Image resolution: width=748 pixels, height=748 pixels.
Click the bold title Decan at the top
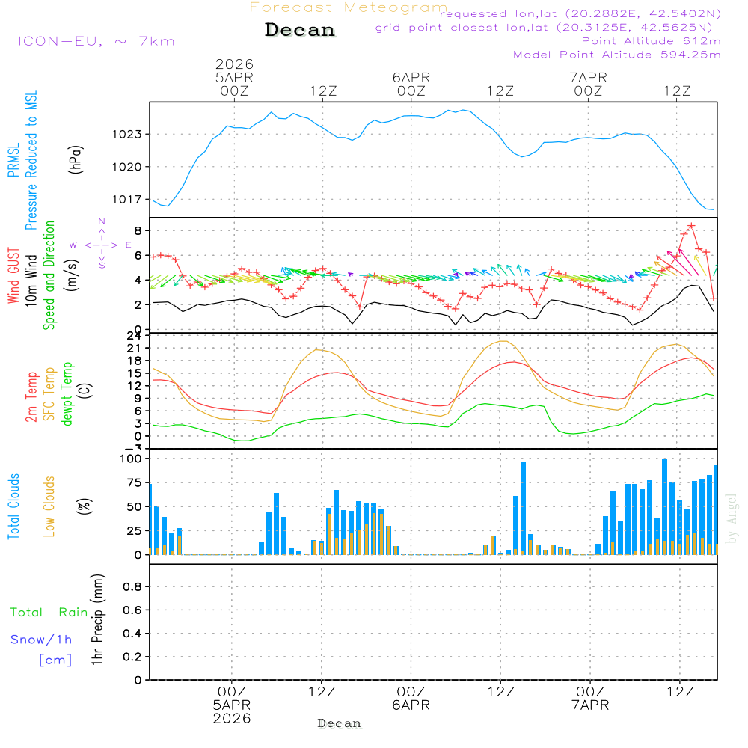(x=300, y=30)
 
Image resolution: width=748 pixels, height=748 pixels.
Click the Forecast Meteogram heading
(x=349, y=7)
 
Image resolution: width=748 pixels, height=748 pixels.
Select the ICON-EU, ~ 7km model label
(x=96, y=40)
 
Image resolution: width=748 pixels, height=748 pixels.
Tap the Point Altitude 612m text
(x=651, y=40)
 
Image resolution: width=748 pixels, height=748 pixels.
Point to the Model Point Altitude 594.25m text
(x=616, y=54)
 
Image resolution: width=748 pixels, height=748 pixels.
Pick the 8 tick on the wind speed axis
(x=139, y=230)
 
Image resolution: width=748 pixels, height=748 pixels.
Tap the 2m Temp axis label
(x=31, y=396)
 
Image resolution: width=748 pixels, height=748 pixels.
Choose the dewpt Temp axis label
(x=67, y=394)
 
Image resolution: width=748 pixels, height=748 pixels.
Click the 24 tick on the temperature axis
(x=135, y=336)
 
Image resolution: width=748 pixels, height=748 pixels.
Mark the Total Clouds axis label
(x=13, y=506)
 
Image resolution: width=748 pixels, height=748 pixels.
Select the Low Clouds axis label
(x=49, y=506)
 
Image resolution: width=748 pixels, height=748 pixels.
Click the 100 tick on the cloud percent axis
(x=132, y=459)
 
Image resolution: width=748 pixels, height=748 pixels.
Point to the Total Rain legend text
(x=49, y=613)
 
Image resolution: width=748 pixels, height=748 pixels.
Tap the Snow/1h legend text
(x=41, y=640)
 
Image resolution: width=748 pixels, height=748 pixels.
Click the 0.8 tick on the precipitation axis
(x=132, y=586)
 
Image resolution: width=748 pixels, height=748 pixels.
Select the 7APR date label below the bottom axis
(x=590, y=705)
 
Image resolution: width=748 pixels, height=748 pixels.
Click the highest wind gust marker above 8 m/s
(x=691, y=226)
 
